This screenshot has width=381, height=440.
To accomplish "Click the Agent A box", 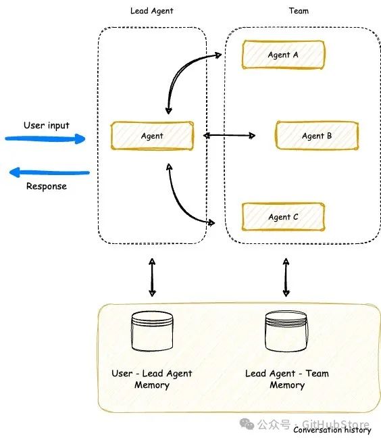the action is (x=283, y=55).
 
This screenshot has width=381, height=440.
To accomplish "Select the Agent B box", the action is (x=317, y=136).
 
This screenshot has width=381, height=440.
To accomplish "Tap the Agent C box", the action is (x=283, y=217).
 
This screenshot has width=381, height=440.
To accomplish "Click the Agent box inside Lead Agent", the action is (x=152, y=136).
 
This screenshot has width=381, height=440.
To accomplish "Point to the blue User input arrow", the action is (x=45, y=139).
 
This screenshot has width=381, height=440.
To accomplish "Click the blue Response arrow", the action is (x=49, y=172).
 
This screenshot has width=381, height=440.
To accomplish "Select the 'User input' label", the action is (x=47, y=126).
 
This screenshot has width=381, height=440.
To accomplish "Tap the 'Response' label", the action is (x=47, y=187).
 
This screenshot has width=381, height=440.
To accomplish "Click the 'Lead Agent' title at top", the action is (x=152, y=11).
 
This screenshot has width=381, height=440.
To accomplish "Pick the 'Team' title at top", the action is (x=299, y=11).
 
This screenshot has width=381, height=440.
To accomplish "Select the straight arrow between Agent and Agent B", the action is (x=229, y=136).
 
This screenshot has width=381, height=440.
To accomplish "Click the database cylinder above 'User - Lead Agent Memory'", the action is (x=152, y=331).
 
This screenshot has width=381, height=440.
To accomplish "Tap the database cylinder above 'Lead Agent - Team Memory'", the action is (x=286, y=331).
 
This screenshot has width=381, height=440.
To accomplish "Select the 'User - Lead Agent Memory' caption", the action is (x=152, y=379).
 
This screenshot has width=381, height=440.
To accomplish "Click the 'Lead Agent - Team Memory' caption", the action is (x=287, y=379).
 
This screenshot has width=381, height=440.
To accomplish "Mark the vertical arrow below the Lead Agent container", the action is (x=152, y=278).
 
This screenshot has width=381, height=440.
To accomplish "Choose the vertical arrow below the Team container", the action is (x=286, y=278).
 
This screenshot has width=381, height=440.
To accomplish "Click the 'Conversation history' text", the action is (x=332, y=430).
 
